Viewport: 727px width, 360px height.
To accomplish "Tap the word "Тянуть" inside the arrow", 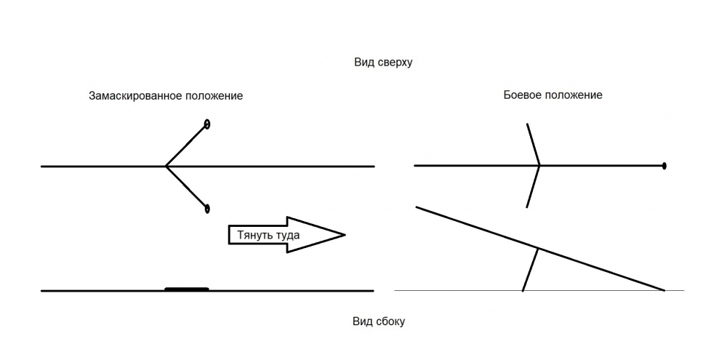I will coord(254,235).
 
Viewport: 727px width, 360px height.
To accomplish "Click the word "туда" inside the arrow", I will coord(286,235).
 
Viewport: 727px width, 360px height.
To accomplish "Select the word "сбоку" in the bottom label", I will coord(389,321).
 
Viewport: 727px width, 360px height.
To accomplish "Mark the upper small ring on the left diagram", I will coord(207,124).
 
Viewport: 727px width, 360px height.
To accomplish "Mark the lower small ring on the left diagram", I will coord(207,209).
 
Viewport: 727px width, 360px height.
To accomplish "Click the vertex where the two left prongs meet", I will coord(166,167).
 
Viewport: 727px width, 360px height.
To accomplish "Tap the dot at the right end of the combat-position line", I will coord(664,167).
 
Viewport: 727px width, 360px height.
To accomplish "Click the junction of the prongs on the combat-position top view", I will coord(539,166).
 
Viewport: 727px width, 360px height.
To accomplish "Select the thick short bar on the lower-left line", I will coord(187,289).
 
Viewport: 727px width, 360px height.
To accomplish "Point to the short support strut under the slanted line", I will coord(530,269).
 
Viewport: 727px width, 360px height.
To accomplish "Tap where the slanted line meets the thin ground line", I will coord(664,290).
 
